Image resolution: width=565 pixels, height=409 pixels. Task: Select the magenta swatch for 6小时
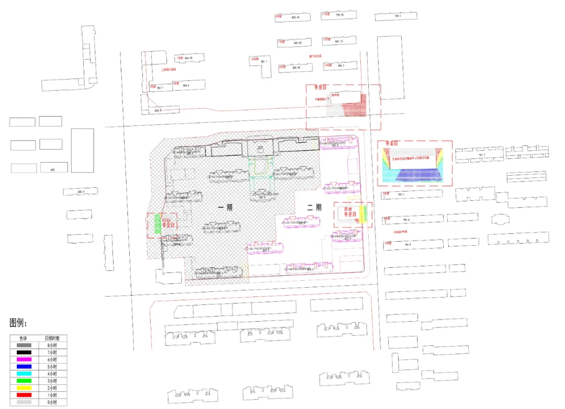pos(24,360)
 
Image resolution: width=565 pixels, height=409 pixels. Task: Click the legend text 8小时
pos(51,346)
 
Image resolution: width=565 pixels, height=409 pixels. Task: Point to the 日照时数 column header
pos(51,338)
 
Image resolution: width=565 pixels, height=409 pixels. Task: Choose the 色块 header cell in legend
pos(24,338)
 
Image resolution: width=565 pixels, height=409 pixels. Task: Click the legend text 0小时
pos(51,402)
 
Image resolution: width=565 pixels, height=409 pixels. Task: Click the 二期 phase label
pos(314,208)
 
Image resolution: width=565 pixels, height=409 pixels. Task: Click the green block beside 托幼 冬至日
pos(155,223)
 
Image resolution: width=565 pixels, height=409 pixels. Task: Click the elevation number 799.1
pos(397,16)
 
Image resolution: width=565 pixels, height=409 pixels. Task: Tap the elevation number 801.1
pos(263,62)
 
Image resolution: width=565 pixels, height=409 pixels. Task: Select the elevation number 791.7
pos(481,155)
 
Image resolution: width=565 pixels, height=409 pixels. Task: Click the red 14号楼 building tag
pos(254,59)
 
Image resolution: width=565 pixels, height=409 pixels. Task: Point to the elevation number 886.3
pos(80,191)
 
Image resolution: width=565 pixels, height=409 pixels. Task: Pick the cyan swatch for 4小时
pos(24,374)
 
